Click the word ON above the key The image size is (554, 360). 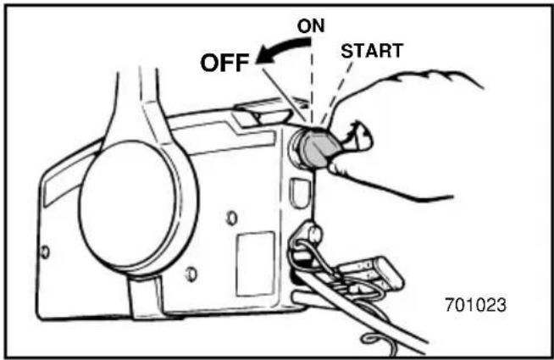point(311,26)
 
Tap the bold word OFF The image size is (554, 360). point(224,63)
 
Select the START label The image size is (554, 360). point(372,51)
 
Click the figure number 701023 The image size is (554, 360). point(475,305)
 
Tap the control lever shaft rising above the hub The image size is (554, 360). point(134,106)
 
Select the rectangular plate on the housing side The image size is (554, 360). point(256,264)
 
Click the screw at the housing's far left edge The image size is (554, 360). point(45,252)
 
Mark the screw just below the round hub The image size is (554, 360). point(191,274)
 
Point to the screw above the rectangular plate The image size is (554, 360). point(231,219)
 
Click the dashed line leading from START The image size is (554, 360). point(337,92)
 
